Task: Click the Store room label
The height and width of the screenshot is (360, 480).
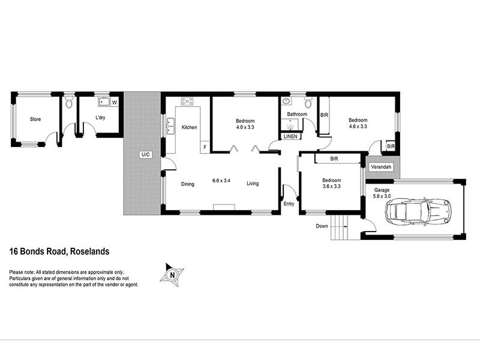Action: point(35,119)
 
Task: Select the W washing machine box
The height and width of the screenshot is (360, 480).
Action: point(114,103)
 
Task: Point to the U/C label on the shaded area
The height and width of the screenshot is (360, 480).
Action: point(145,155)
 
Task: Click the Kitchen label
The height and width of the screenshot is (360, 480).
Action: point(189,127)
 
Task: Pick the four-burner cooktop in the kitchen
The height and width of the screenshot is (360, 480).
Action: point(187,101)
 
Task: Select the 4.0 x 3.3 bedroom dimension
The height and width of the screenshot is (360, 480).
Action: point(245,127)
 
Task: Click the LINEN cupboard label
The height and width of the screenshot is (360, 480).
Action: point(291,137)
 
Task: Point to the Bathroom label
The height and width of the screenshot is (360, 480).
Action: point(296,114)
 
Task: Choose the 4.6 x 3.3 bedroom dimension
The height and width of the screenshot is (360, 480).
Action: point(358,127)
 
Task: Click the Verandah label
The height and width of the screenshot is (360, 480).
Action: point(380,166)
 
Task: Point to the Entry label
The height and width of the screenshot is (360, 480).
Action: point(289,204)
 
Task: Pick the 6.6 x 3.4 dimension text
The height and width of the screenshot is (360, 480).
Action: point(222,180)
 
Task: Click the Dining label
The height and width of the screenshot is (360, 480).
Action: point(188,184)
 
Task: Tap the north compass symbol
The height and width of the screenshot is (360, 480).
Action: point(173,274)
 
